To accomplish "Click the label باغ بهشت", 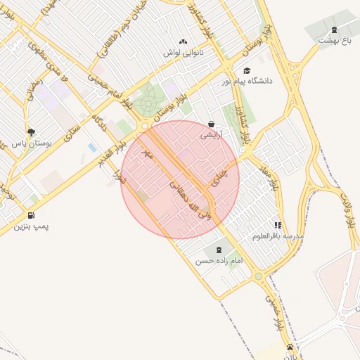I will click(x=334, y=40).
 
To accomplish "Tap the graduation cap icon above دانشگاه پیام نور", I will click(x=246, y=71).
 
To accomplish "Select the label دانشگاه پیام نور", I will click(x=247, y=82).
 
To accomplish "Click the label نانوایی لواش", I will click(x=184, y=53).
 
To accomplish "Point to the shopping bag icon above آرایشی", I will click(x=211, y=124).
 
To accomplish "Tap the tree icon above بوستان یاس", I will click(x=31, y=131).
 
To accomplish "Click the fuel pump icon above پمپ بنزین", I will click(x=32, y=216).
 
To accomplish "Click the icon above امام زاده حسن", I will click(x=217, y=250).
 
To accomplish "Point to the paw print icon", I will click(x=290, y=347).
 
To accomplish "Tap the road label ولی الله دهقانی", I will click(x=190, y=200).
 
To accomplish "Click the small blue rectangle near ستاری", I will click(x=93, y=147).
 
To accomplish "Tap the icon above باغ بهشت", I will click(x=333, y=30).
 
